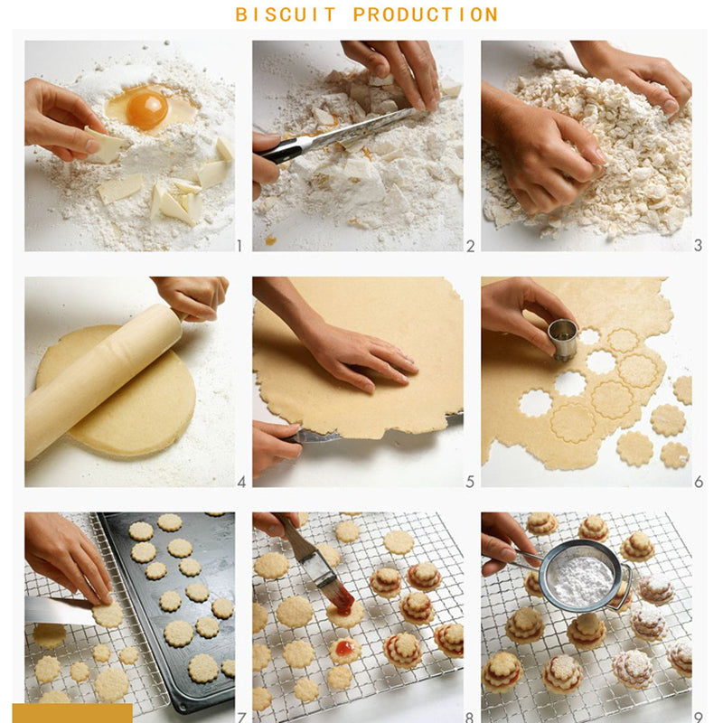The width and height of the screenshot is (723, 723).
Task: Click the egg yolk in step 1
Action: click(x=147, y=110)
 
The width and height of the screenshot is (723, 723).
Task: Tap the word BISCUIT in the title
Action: click(x=286, y=14)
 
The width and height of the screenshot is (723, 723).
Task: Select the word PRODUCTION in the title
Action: click(x=426, y=14)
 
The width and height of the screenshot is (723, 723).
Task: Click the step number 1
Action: click(x=239, y=246)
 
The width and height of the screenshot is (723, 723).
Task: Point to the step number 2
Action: click(x=470, y=246)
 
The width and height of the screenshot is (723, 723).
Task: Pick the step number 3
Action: click(x=698, y=245)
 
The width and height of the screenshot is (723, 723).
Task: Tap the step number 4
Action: click(x=241, y=483)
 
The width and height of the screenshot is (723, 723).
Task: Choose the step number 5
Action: click(x=470, y=483)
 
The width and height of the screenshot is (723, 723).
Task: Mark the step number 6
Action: click(x=699, y=483)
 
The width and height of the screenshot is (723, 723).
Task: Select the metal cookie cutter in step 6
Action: click(x=562, y=339)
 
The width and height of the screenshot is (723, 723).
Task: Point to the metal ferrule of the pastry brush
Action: click(x=319, y=571)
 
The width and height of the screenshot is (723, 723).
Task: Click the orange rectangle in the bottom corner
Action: click(x=72, y=713)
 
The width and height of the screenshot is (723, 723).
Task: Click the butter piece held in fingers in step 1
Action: click(x=105, y=145)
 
